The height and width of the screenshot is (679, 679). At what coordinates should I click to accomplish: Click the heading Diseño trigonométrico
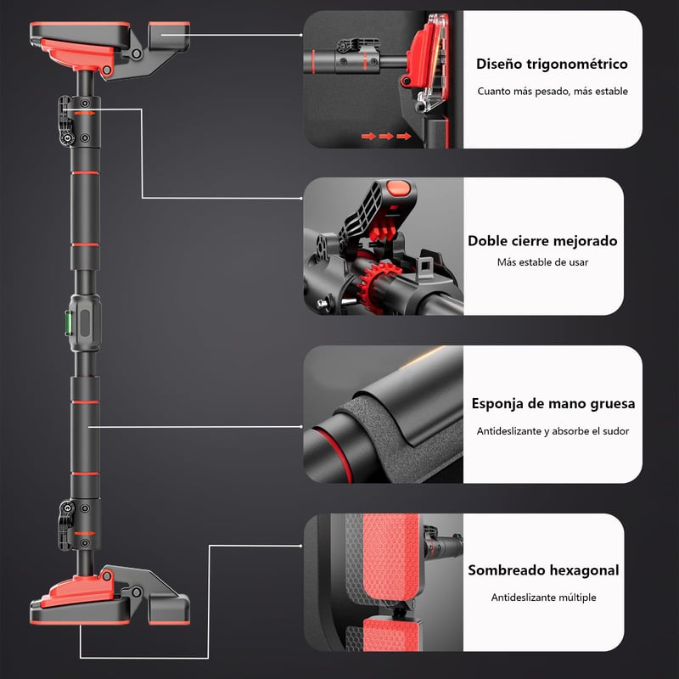tap(552, 63)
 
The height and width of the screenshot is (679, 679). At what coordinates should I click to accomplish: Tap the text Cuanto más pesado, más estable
tap(552, 91)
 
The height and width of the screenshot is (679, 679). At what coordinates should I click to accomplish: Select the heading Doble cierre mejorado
tap(542, 240)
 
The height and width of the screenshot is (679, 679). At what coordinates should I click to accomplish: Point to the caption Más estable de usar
tap(542, 262)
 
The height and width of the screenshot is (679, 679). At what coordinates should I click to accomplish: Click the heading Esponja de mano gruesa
tap(553, 403)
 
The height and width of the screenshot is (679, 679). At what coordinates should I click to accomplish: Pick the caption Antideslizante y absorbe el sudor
tap(552, 431)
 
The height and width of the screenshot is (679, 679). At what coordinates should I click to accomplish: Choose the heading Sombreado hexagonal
tap(543, 570)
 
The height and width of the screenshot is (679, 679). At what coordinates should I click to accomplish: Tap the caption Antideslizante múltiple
tap(543, 598)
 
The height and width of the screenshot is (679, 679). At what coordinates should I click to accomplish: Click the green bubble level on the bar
tap(86, 321)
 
